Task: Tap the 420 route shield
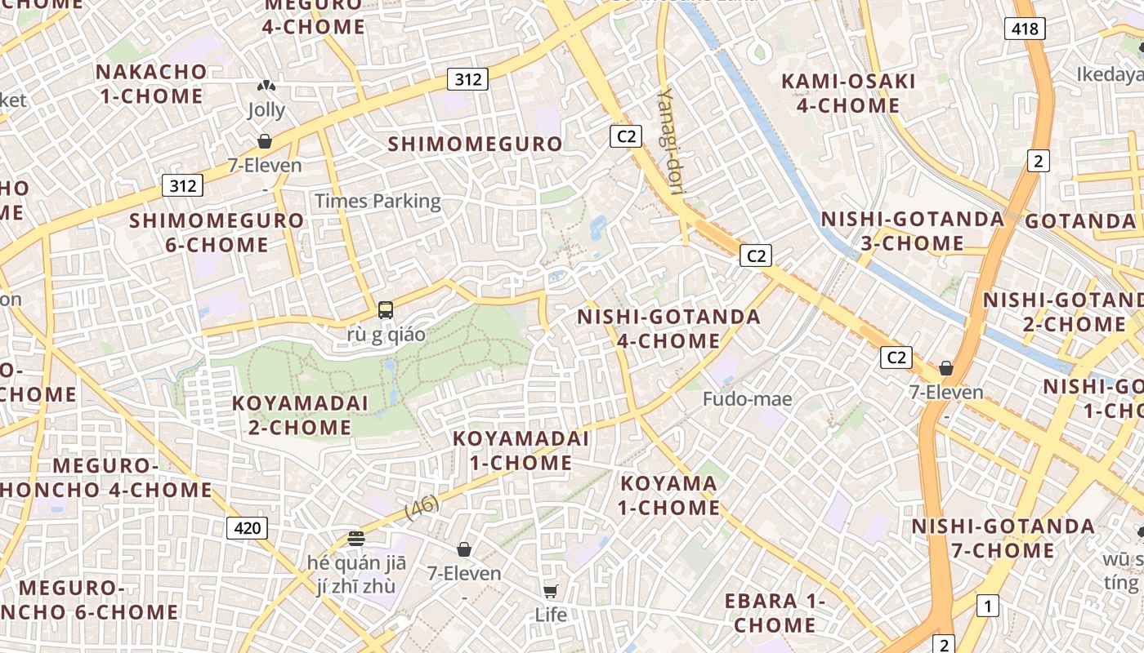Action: [247, 528]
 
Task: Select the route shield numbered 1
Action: [988, 606]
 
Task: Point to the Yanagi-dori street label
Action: [672, 140]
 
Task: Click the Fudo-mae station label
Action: [748, 399]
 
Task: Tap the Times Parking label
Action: [378, 201]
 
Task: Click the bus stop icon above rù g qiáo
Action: [386, 310]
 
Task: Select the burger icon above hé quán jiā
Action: [355, 538]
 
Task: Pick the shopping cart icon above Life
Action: [551, 590]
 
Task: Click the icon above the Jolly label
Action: [266, 86]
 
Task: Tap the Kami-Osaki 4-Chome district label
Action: [848, 93]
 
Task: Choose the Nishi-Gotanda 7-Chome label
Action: [1003, 538]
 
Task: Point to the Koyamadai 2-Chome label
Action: [300, 415]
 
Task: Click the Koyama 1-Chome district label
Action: [669, 495]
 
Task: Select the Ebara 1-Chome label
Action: [775, 613]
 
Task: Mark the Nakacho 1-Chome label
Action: [151, 83]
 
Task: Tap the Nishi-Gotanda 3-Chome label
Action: [913, 231]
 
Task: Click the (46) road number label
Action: [422, 507]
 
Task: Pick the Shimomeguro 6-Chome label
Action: [217, 233]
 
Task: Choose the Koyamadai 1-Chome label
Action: [521, 451]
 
